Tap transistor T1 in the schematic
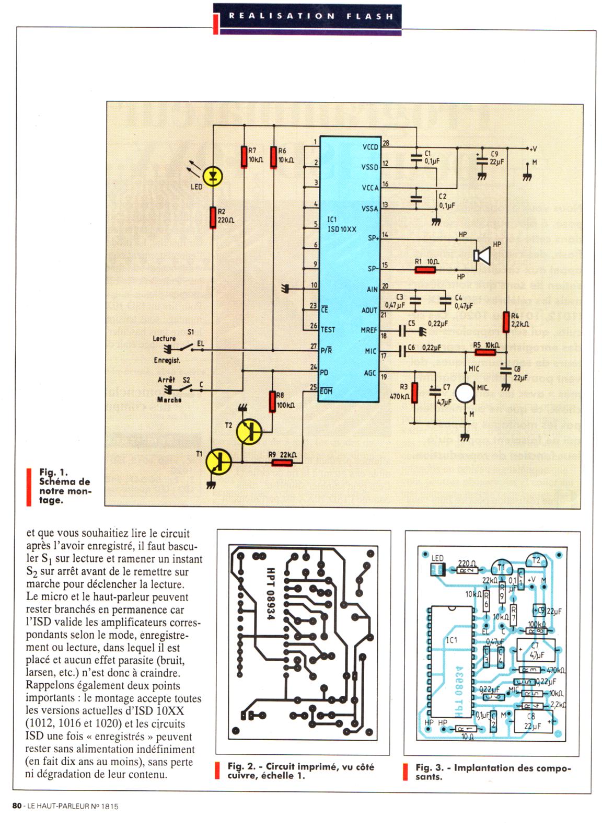[x=218, y=461]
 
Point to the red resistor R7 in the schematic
[x=244, y=157]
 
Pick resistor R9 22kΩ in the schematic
[x=282, y=462]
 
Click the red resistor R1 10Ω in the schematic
[x=425, y=270]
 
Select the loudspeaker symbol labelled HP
[x=480, y=255]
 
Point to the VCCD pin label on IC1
[x=369, y=147]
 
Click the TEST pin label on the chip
[x=328, y=330]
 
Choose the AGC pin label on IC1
[x=370, y=373]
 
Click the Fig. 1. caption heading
[x=53, y=472]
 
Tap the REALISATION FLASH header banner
[x=310, y=16]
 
